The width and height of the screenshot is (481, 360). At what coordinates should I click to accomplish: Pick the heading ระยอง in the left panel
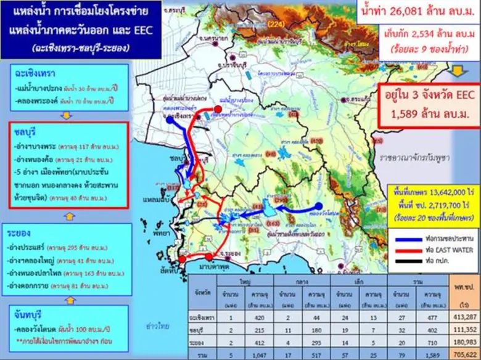pos(20,234)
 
